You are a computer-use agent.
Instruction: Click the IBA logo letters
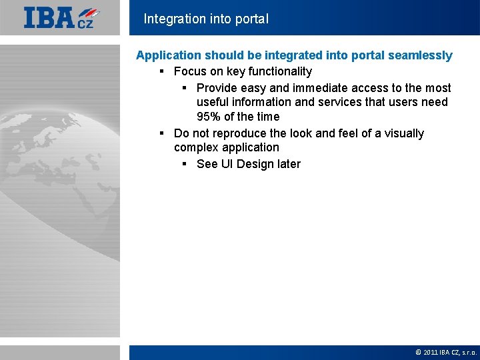49,17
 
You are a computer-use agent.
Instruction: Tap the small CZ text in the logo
85,24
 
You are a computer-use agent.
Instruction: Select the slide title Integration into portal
206,19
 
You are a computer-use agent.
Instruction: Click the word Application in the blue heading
169,55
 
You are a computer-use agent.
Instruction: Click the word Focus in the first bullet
189,71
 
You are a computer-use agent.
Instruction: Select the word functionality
280,71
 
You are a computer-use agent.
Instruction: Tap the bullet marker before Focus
162,71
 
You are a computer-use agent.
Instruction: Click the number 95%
209,117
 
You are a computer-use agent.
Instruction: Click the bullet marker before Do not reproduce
162,133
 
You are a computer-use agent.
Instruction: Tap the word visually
403,133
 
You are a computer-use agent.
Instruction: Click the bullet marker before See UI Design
185,164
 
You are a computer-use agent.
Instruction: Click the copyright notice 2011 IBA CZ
445,352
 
